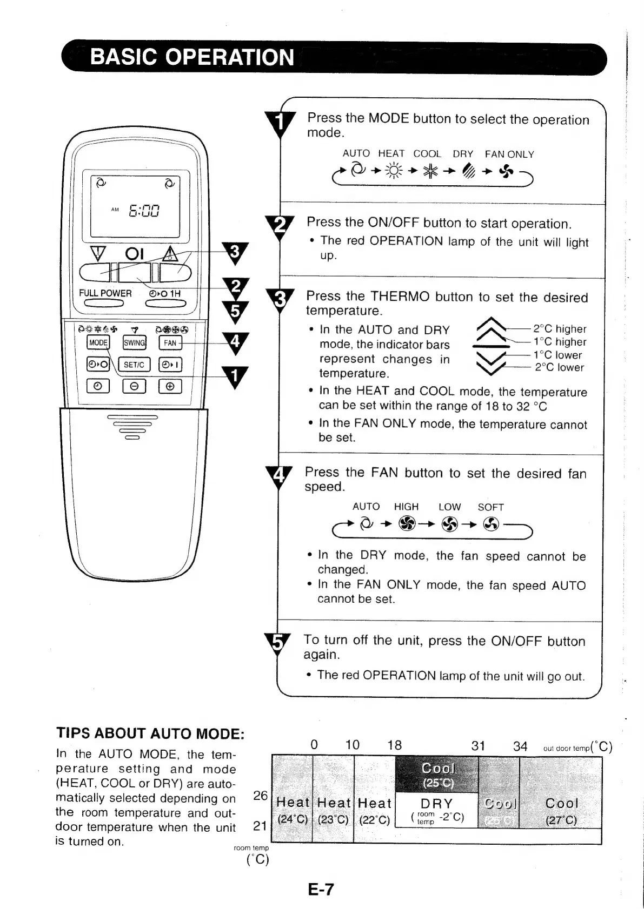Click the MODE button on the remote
pyautogui.click(x=98, y=342)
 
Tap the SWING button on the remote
pyautogui.click(x=134, y=342)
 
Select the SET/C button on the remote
pyautogui.click(x=134, y=365)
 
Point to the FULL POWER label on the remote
pyautogui.click(x=105, y=293)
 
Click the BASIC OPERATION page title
pyautogui.click(x=192, y=57)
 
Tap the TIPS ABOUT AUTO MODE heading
pyautogui.click(x=150, y=733)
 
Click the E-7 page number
pyautogui.click(x=321, y=889)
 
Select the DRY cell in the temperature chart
pyautogui.click(x=437, y=810)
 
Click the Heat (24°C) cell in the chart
pyautogui.click(x=293, y=810)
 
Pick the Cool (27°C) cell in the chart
pyautogui.click(x=561, y=810)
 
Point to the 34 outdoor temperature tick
pyautogui.click(x=520, y=746)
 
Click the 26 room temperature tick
pyautogui.click(x=261, y=795)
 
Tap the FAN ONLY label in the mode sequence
pyautogui.click(x=509, y=154)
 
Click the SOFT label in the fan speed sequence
pyautogui.click(x=490, y=507)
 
